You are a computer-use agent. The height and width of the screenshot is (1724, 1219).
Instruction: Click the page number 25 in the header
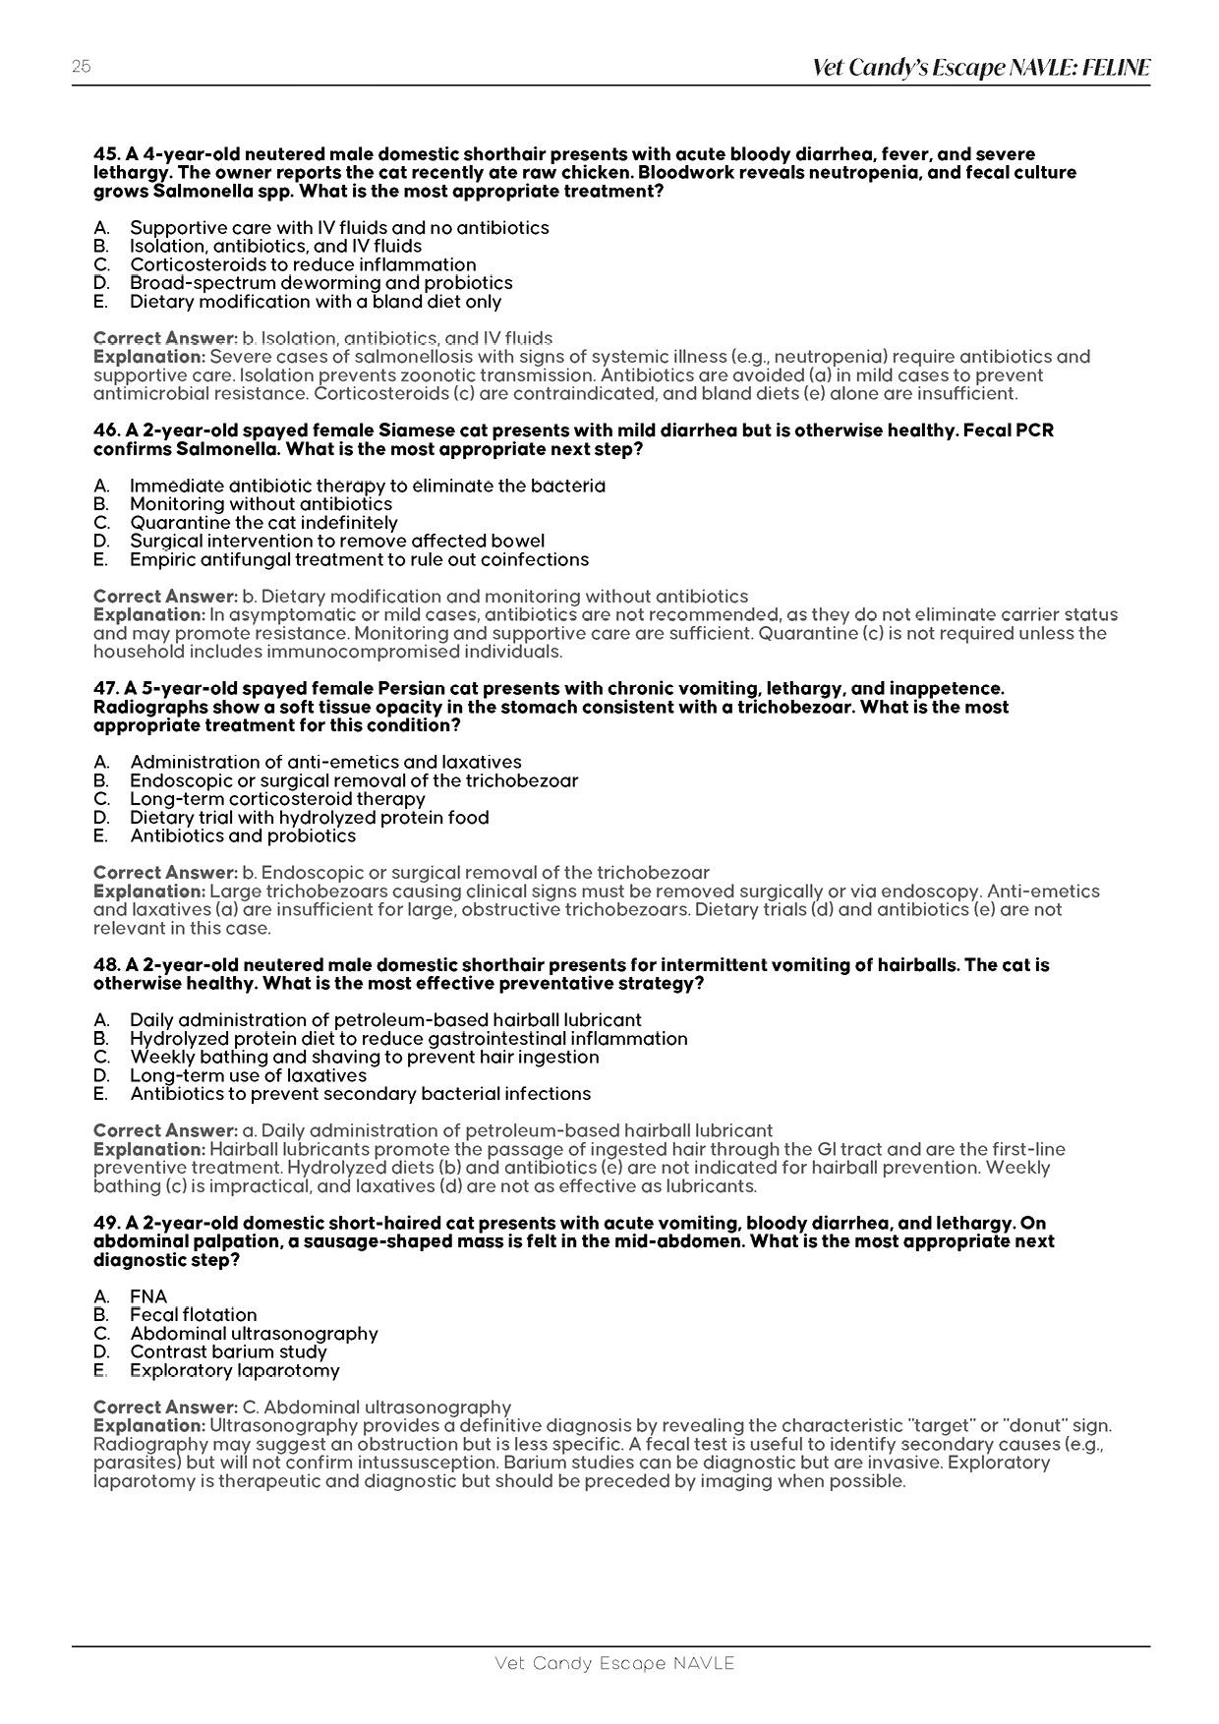[x=81, y=67]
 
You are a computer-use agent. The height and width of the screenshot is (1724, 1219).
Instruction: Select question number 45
[x=106, y=154]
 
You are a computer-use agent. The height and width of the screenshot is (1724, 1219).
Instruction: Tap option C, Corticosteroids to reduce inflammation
[x=303, y=264]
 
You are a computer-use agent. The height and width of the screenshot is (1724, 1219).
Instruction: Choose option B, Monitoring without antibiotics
[x=261, y=504]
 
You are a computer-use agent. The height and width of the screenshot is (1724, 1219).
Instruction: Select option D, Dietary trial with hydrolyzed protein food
[x=309, y=817]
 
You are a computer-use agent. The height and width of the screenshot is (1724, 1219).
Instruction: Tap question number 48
[x=106, y=965]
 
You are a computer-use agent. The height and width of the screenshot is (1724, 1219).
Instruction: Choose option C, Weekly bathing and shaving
[x=364, y=1057]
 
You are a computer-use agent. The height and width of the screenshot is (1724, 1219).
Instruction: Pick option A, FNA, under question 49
[x=148, y=1296]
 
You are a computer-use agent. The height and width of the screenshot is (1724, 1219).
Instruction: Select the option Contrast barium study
[x=228, y=1351]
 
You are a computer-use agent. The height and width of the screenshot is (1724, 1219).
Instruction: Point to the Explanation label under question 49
[x=149, y=1425]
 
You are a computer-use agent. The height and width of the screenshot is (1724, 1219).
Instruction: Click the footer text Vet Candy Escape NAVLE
[x=614, y=1663]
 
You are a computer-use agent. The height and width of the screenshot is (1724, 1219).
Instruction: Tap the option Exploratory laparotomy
[x=234, y=1370]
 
